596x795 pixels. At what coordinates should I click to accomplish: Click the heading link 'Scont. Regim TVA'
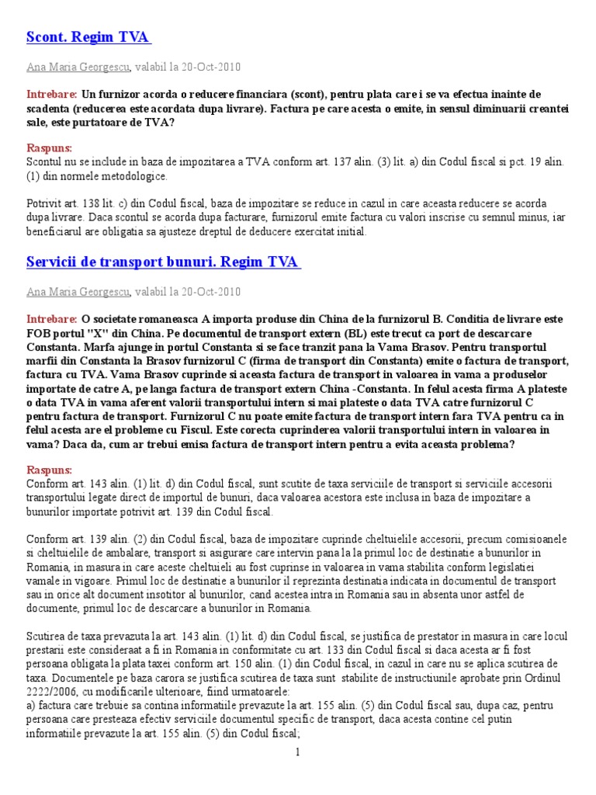tap(88, 37)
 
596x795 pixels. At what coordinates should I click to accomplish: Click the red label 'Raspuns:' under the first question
tap(49, 148)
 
